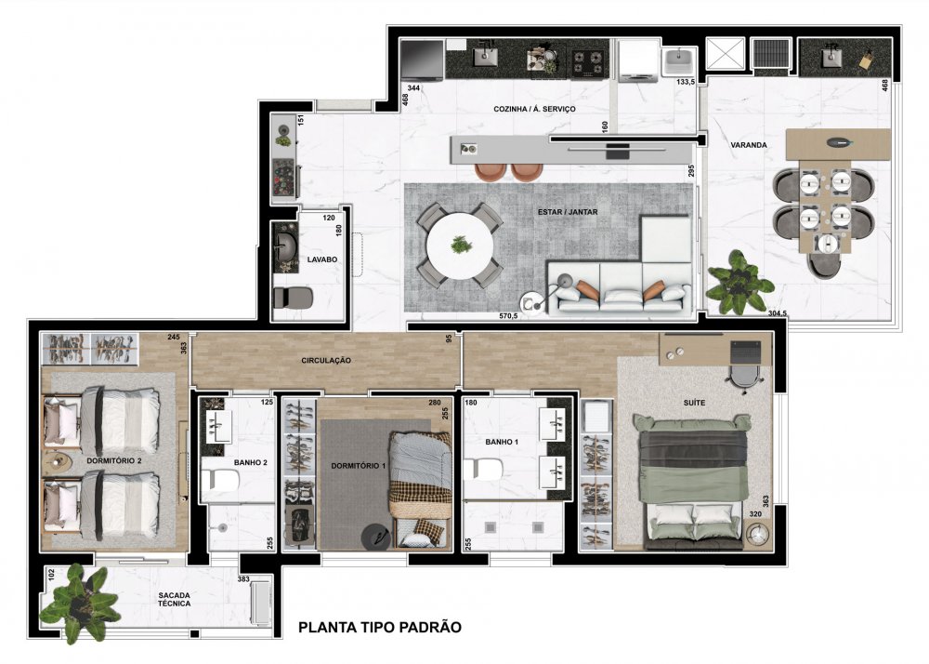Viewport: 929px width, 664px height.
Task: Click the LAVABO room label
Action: click(x=322, y=259)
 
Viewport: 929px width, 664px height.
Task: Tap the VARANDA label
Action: click(x=748, y=145)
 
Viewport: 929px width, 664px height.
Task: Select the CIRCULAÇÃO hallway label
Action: click(x=326, y=360)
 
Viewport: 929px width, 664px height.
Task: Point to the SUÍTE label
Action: click(x=694, y=403)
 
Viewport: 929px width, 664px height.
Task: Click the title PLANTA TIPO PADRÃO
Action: click(x=380, y=627)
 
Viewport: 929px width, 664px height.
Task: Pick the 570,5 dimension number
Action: click(x=508, y=316)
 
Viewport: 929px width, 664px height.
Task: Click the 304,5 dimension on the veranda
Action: click(x=777, y=313)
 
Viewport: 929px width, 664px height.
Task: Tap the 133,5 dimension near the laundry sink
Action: click(x=686, y=83)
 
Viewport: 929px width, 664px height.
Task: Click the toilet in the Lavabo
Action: click(x=293, y=298)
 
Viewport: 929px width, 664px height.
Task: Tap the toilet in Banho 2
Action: click(x=218, y=480)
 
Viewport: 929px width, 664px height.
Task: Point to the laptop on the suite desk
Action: click(x=745, y=352)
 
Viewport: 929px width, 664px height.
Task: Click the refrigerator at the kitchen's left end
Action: click(x=422, y=60)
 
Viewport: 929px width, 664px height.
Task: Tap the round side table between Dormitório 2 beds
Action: click(x=58, y=460)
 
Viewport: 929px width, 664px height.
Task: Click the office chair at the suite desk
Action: click(x=744, y=377)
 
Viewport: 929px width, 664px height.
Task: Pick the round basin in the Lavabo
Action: click(x=287, y=246)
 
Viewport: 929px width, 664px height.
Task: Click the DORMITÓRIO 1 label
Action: click(x=359, y=466)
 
